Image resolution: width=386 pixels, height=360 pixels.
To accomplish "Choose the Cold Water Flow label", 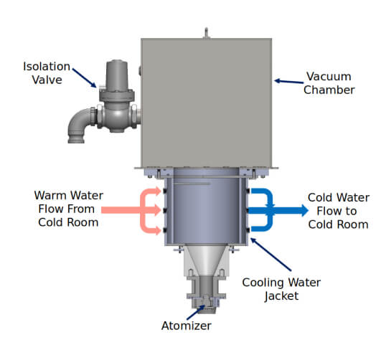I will tap(338, 210).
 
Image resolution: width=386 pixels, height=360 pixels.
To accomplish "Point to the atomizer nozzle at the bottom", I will tap(205, 301).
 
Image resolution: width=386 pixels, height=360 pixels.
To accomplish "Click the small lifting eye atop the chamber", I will tap(204, 32).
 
